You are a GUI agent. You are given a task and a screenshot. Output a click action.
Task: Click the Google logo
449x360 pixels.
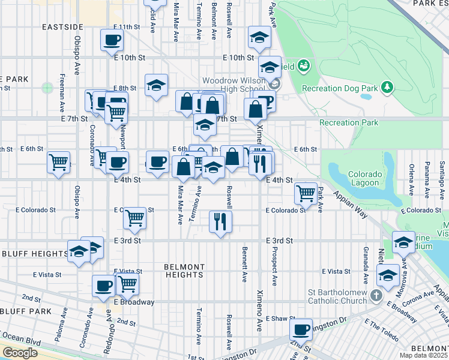20,353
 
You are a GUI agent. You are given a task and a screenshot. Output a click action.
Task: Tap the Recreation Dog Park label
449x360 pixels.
340,88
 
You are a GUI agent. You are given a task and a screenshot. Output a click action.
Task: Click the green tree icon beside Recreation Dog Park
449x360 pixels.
388,88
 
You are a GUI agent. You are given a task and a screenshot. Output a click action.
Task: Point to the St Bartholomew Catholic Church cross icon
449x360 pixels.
376,296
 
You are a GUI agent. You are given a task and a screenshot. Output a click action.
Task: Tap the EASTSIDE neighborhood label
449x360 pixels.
62,27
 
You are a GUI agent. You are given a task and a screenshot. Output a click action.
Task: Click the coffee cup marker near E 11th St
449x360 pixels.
112,40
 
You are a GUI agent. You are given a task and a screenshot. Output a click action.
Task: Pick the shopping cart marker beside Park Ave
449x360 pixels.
306,193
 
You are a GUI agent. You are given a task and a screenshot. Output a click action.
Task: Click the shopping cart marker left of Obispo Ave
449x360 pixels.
59,161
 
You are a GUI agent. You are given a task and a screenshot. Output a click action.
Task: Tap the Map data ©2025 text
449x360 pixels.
424,355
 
